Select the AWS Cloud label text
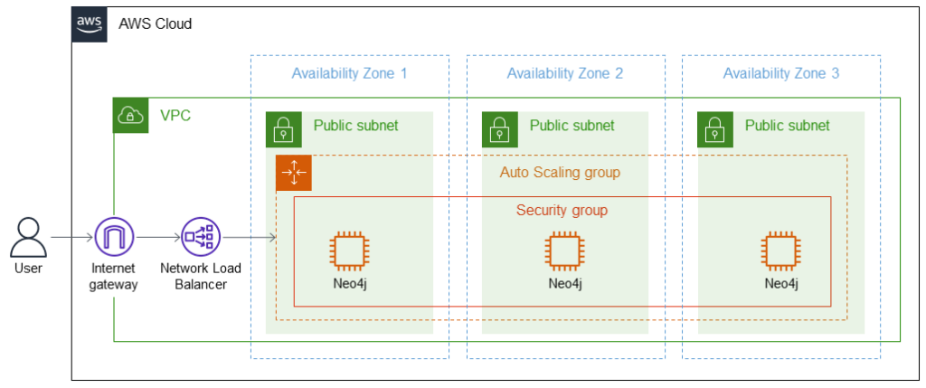coord(156,24)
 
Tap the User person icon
coord(27,238)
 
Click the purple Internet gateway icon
coord(114,238)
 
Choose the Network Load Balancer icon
coord(200,238)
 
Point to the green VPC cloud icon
coord(130,116)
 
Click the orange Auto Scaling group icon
coord(294,173)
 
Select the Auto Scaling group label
coord(560,172)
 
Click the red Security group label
coord(562,211)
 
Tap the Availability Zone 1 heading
coord(349,73)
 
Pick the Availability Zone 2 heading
coord(565,73)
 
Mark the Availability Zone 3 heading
coord(781,73)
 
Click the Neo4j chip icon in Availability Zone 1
coord(349,251)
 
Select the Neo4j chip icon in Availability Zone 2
coord(565,251)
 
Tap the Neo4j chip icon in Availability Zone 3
coord(781,251)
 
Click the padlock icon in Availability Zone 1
coord(283,130)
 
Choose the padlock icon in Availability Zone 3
coord(715,130)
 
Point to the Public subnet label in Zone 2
coord(572,126)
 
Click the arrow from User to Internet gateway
coord(72,238)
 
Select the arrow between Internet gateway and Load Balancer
coord(157,238)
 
